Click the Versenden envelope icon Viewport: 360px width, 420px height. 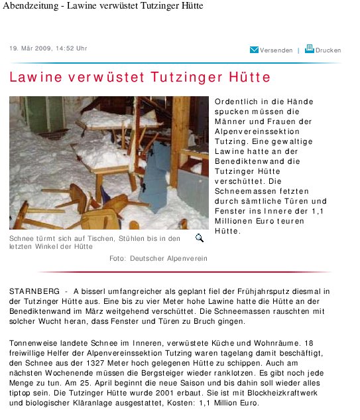(254, 50)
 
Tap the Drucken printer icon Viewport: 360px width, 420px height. (309, 49)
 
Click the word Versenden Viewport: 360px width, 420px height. (276, 50)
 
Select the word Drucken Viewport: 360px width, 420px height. (328, 50)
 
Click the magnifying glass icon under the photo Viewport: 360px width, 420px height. (199, 238)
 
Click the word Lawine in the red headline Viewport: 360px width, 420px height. (34, 77)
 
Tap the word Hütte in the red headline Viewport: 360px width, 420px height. (245, 77)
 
